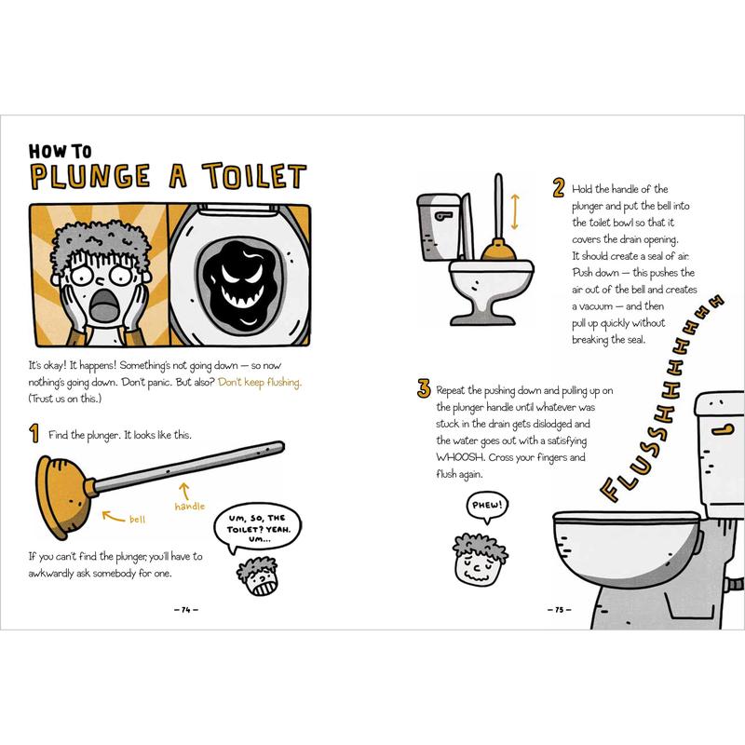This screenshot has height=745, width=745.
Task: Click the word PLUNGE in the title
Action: pyautogui.click(x=90, y=176)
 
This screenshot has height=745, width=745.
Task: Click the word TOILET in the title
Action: pyautogui.click(x=254, y=176)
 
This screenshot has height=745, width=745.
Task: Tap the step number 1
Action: pyautogui.click(x=34, y=434)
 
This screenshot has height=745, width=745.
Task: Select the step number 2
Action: pyautogui.click(x=559, y=188)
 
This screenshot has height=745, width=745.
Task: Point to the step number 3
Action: pyautogui.click(x=424, y=388)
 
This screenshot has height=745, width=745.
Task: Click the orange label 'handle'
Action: pyautogui.click(x=190, y=507)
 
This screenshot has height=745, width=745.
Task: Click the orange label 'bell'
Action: pyautogui.click(x=137, y=520)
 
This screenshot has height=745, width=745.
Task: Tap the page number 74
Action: pyautogui.click(x=185, y=610)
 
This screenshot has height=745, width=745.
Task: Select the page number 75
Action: pyautogui.click(x=560, y=610)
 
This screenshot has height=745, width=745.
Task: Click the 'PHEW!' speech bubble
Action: pyautogui.click(x=487, y=506)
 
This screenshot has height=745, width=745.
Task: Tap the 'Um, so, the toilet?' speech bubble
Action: pyautogui.click(x=257, y=527)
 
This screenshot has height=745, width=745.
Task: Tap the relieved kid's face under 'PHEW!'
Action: pyautogui.click(x=478, y=562)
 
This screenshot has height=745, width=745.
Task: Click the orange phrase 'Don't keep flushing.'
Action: pyautogui.click(x=260, y=383)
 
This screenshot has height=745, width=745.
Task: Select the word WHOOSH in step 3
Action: pyautogui.click(x=460, y=457)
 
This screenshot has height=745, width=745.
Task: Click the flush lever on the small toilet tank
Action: pyautogui.click(x=444, y=216)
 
